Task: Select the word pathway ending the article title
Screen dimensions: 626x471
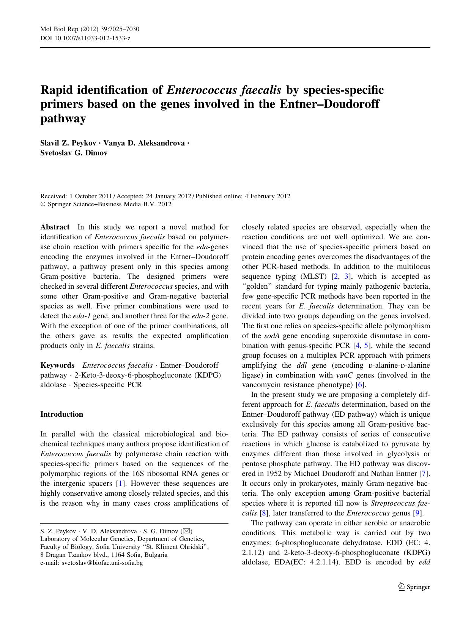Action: click(x=63, y=119)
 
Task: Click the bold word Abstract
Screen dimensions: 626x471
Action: click(x=55, y=227)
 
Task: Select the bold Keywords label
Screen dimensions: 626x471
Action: click(x=57, y=365)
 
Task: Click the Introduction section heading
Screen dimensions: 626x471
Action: click(x=61, y=414)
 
